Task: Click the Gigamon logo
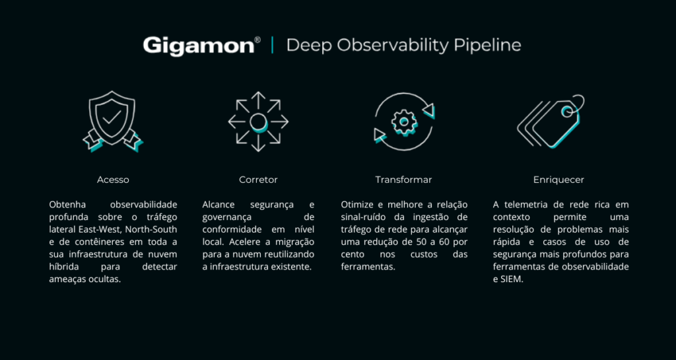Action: tap(202, 46)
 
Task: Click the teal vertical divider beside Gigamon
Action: tap(272, 46)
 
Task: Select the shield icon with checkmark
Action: tap(112, 121)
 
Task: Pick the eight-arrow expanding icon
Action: tap(258, 122)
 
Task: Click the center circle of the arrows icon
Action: tap(258, 122)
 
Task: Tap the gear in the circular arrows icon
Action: tap(404, 122)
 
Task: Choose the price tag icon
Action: tap(551, 122)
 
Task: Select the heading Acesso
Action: tap(113, 180)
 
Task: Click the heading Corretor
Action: tap(258, 180)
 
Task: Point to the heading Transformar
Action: tap(403, 180)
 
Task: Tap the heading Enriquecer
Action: tap(558, 180)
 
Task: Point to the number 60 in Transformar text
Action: tap(446, 242)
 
